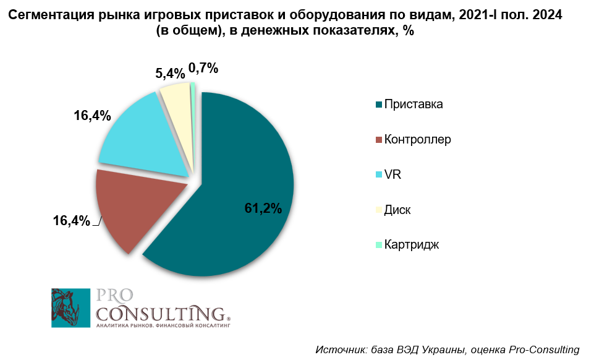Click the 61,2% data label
(263, 208)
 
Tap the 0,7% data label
(203, 68)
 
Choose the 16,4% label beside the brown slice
(72, 220)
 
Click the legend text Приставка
(413, 104)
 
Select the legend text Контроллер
(417, 139)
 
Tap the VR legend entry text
(392, 174)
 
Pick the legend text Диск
(397, 210)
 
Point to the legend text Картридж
(411, 244)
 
